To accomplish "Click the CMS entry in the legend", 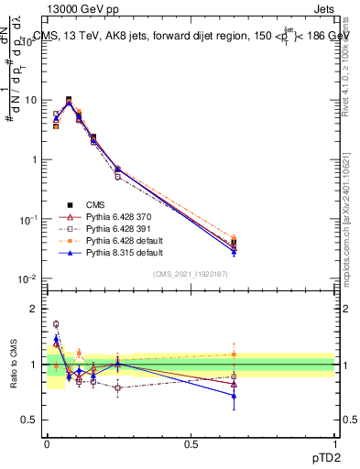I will click(x=95, y=205).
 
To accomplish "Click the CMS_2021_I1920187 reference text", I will click(x=190, y=273).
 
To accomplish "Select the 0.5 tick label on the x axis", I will click(x=191, y=443).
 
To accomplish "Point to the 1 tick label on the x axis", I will click(x=334, y=443).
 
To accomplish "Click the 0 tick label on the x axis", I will click(x=47, y=443).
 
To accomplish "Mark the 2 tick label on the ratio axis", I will click(x=34, y=309).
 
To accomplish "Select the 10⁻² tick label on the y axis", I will click(x=28, y=278).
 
